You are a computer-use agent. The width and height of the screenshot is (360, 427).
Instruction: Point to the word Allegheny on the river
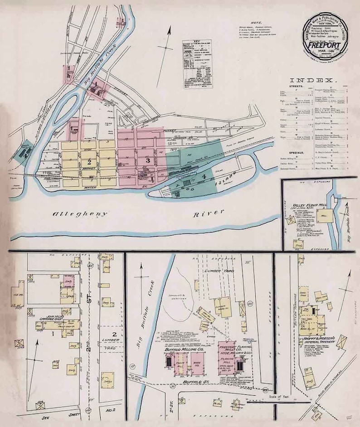[81, 213]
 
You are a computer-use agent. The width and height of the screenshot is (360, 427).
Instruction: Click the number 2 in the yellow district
[89, 162]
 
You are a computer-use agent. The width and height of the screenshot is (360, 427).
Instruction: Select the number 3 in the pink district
[147, 160]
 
